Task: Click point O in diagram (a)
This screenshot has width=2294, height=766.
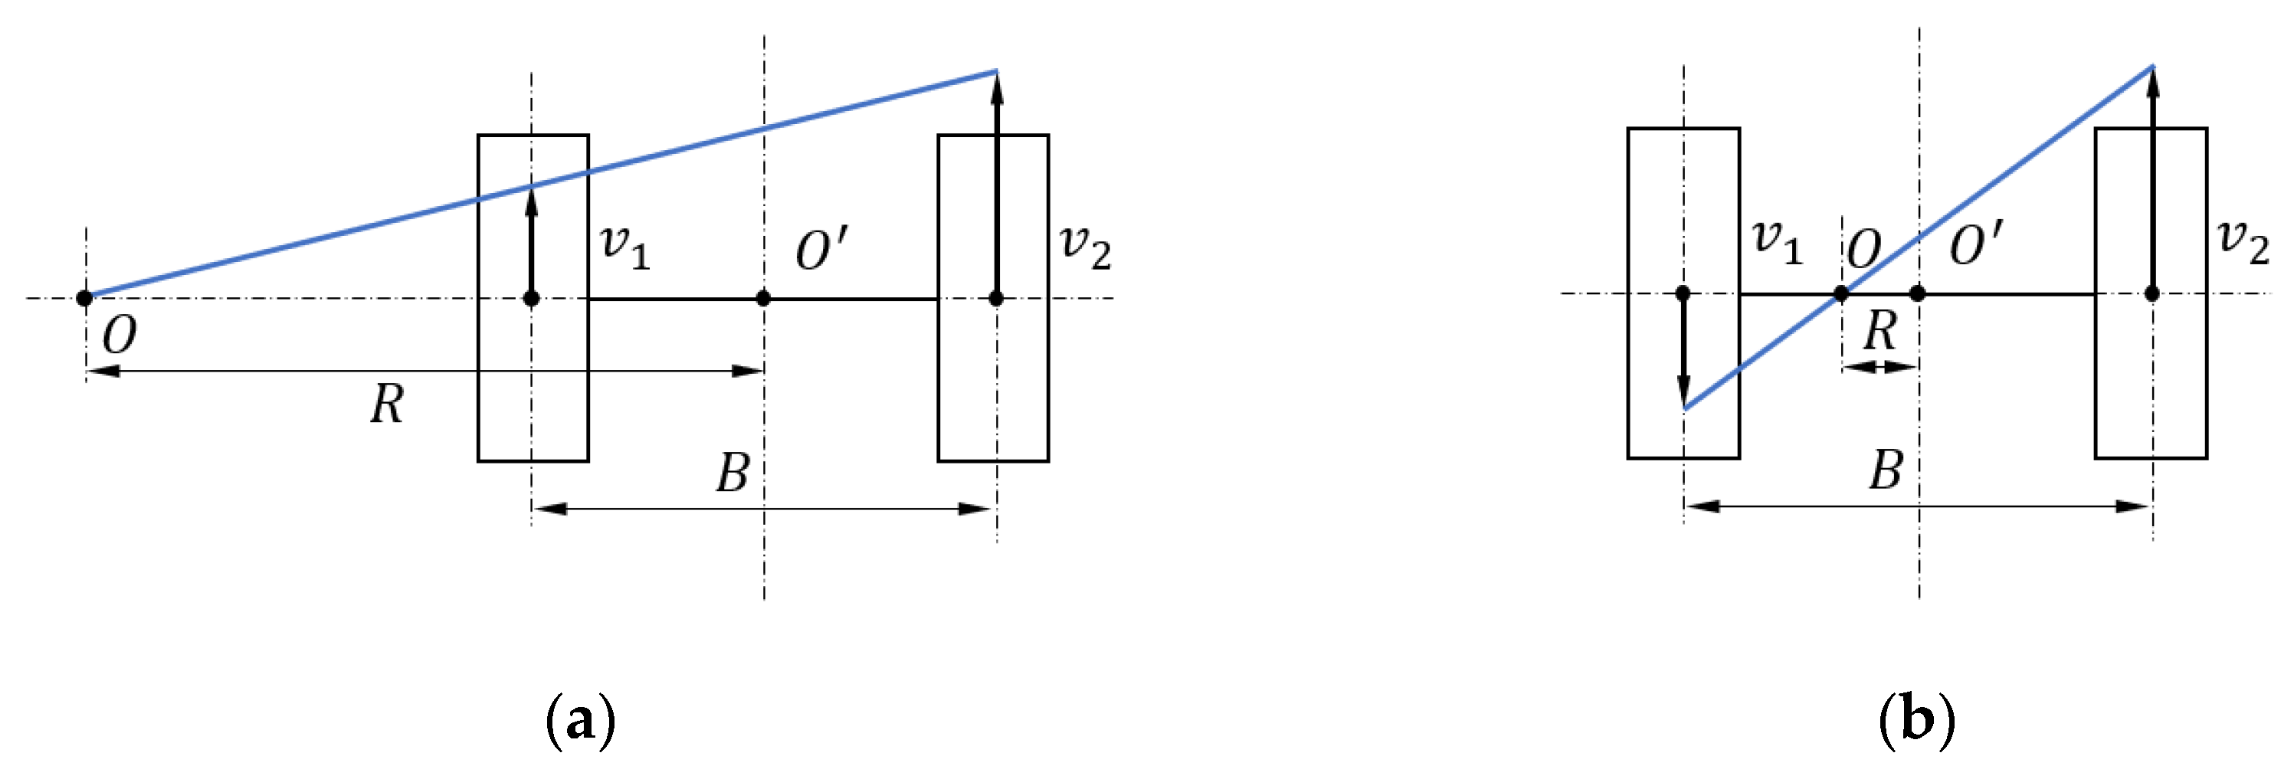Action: point(84,297)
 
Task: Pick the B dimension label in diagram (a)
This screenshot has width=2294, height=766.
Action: point(733,472)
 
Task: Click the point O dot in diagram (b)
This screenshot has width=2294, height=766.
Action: point(1840,294)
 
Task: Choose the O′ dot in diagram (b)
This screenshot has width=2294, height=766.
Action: point(1919,293)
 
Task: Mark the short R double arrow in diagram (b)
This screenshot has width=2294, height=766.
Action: point(1879,366)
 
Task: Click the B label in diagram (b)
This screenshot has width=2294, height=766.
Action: point(1886,470)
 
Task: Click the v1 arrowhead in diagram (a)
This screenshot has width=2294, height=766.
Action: point(532,201)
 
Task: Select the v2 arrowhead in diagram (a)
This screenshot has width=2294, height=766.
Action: point(997,87)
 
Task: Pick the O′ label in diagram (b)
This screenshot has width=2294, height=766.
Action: point(1975,244)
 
